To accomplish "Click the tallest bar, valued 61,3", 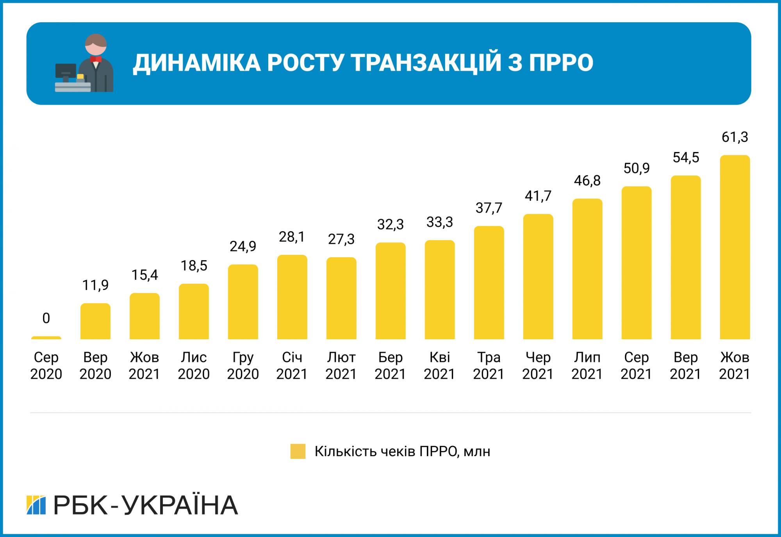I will click(x=735, y=247).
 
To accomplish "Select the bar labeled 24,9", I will click(x=243, y=302).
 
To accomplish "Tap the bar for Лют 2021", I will click(x=341, y=298).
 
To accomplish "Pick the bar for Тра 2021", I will click(x=489, y=282).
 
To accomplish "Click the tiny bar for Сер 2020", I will click(x=46, y=338).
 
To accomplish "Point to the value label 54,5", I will click(x=686, y=158).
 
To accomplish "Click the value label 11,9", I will click(x=95, y=285).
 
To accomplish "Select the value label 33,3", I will click(x=440, y=222).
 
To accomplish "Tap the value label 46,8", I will click(x=587, y=181).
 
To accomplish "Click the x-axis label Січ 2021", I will click(x=292, y=365).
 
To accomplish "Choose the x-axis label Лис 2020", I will click(x=194, y=365).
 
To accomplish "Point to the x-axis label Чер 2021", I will click(x=538, y=365).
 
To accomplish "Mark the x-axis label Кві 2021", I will click(x=440, y=365).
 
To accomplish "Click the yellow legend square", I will click(x=298, y=451).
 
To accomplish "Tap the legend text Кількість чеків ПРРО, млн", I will click(x=402, y=451).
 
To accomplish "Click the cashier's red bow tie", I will click(x=96, y=59).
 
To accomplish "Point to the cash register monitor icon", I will click(x=66, y=72).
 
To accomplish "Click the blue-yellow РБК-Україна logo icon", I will click(x=36, y=505).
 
